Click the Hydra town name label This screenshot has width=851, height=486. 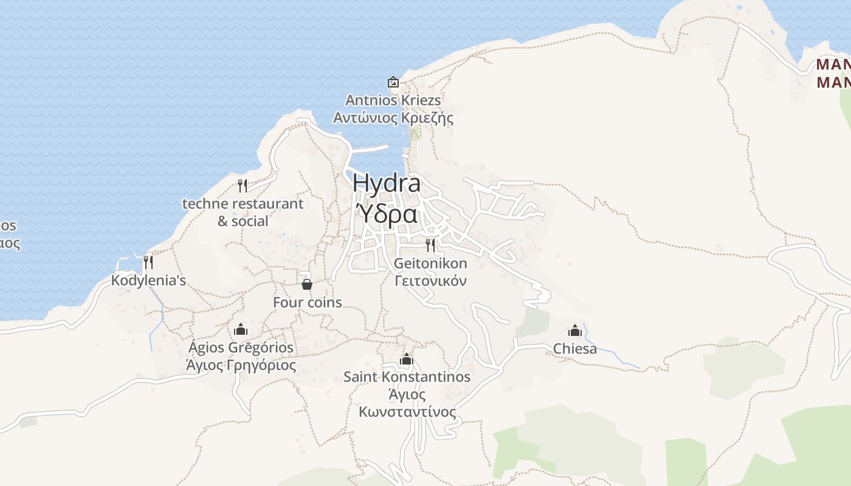tap(386, 183)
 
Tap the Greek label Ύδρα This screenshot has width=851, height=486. tap(386, 214)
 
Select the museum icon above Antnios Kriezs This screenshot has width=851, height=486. tap(393, 81)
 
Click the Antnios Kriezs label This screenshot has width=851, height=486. tap(393, 100)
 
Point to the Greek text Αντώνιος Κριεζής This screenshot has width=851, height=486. tap(393, 117)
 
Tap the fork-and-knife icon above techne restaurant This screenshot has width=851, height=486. tap(243, 185)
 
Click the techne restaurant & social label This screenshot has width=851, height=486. tap(243, 212)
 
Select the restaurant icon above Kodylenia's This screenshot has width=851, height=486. tap(148, 262)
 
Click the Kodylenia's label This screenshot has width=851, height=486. tap(148, 281)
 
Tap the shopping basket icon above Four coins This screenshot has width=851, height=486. tap(307, 284)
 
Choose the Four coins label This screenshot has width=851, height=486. tap(307, 302)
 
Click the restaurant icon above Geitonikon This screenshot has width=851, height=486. tap(430, 245)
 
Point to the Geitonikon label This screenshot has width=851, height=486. tap(430, 263)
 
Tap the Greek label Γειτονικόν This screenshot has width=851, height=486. tap(430, 281)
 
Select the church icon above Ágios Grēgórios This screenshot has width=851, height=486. tap(241, 329)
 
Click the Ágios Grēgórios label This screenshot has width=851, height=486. tap(241, 347)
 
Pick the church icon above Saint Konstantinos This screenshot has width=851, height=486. tap(407, 359)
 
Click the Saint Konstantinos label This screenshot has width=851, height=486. tap(407, 377)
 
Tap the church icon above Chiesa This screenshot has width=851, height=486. tap(574, 330)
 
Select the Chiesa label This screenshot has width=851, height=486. tap(574, 349)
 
